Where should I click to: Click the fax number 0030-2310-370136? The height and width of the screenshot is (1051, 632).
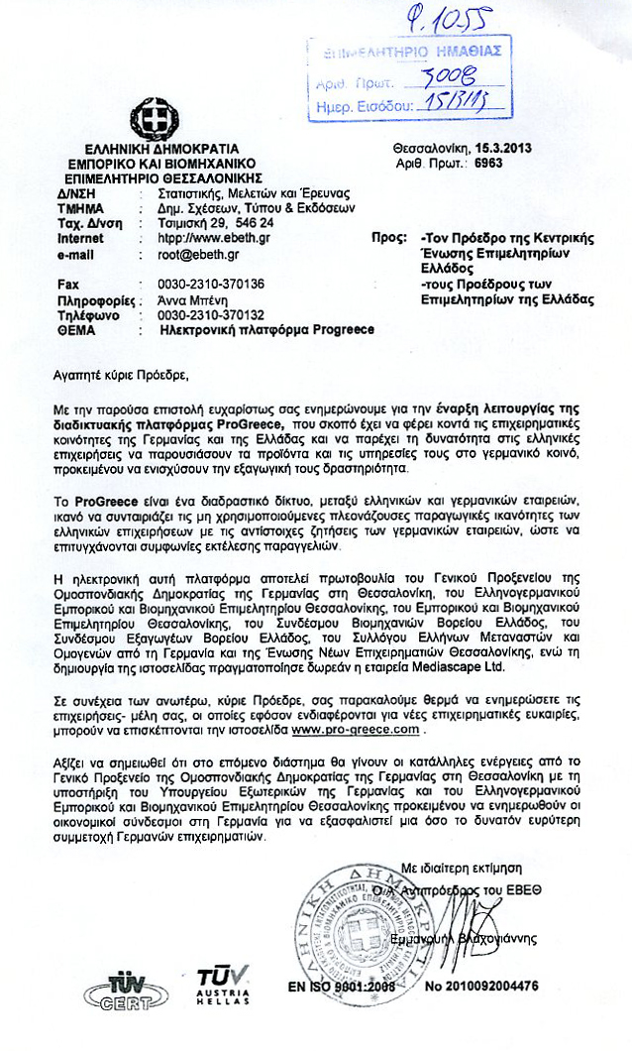pyautogui.click(x=202, y=284)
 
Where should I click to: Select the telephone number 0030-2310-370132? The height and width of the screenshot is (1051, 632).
pyautogui.click(x=202, y=314)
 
